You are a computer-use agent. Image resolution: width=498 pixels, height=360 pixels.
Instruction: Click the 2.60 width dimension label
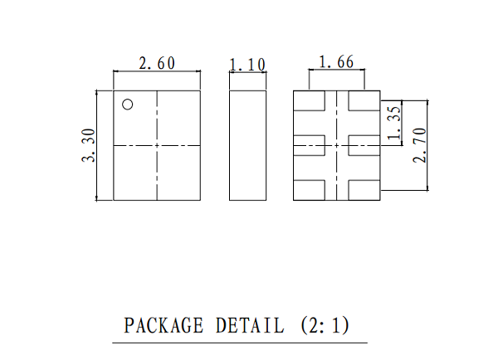[x=157, y=63]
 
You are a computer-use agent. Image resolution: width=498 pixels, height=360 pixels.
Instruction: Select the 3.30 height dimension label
[x=88, y=145]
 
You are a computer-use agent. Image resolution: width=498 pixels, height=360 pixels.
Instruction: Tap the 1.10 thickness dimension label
[x=247, y=65]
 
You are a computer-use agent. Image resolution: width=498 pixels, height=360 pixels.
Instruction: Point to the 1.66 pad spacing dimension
[x=336, y=62]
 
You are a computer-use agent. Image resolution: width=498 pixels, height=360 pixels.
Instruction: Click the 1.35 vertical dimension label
[x=394, y=123]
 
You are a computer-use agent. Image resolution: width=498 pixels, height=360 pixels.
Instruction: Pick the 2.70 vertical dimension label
[x=419, y=145]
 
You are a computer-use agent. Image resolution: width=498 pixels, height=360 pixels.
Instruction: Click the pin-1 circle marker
[x=128, y=105]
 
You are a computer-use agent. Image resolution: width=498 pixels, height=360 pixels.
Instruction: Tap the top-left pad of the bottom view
[x=309, y=101]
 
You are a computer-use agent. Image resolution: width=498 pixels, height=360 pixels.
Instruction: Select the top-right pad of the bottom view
[x=364, y=101]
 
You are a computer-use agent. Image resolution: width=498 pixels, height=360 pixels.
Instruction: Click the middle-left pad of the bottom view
[x=309, y=145]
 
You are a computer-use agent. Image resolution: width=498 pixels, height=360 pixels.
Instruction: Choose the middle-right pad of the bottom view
[x=364, y=145]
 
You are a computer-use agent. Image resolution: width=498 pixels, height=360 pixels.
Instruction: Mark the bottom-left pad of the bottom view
[x=309, y=190]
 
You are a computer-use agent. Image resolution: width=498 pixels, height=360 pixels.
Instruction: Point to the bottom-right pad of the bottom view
[x=364, y=190]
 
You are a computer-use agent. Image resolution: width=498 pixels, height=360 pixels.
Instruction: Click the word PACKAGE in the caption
[x=164, y=325]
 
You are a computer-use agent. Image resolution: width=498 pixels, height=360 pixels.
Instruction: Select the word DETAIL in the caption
[x=250, y=325]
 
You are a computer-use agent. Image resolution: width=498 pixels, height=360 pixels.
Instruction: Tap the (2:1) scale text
[x=325, y=325]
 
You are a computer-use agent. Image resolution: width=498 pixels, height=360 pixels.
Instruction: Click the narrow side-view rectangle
[x=247, y=145]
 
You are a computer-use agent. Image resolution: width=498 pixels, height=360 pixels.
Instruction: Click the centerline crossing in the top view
[x=157, y=146]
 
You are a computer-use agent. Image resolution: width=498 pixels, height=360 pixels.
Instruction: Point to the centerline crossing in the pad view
[x=337, y=146]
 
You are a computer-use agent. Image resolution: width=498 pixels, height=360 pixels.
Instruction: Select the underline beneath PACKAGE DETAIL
[x=240, y=343]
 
